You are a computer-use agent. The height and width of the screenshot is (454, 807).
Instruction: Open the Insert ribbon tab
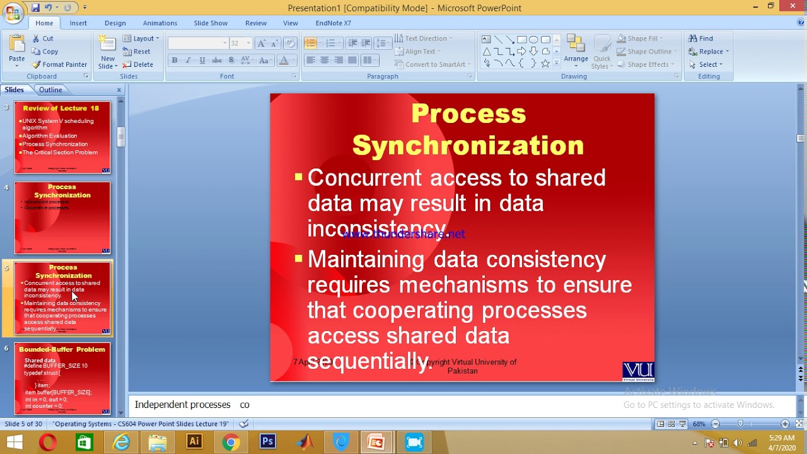[x=78, y=23]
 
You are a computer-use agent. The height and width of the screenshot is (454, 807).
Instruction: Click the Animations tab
[x=160, y=23]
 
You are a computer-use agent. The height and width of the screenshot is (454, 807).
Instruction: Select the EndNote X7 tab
[x=333, y=23]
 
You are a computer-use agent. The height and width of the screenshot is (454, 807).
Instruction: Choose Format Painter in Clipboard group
[x=60, y=64]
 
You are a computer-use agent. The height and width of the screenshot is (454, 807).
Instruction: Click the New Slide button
[x=108, y=52]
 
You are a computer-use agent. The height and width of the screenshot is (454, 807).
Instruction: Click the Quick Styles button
[x=601, y=52]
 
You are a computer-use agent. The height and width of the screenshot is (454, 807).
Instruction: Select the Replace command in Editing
[x=710, y=52]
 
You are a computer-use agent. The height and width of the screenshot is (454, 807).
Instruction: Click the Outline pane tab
[x=50, y=90]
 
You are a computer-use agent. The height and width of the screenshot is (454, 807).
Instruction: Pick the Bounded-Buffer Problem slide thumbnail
[x=62, y=378]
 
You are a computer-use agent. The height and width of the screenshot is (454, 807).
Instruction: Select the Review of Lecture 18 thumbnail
[x=62, y=137]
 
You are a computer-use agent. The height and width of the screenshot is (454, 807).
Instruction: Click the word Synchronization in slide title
[x=468, y=146]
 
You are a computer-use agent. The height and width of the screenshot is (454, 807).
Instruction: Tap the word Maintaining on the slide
[x=366, y=259]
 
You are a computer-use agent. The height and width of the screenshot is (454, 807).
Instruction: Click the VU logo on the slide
[x=638, y=371]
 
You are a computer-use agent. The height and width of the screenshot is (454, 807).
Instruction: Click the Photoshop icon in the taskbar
[x=268, y=442]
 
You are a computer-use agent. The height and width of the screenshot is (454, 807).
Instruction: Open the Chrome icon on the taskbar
[x=231, y=442]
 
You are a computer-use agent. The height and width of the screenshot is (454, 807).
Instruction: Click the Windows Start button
[x=14, y=442]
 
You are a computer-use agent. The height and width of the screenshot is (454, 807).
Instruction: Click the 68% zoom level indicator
[x=699, y=424]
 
